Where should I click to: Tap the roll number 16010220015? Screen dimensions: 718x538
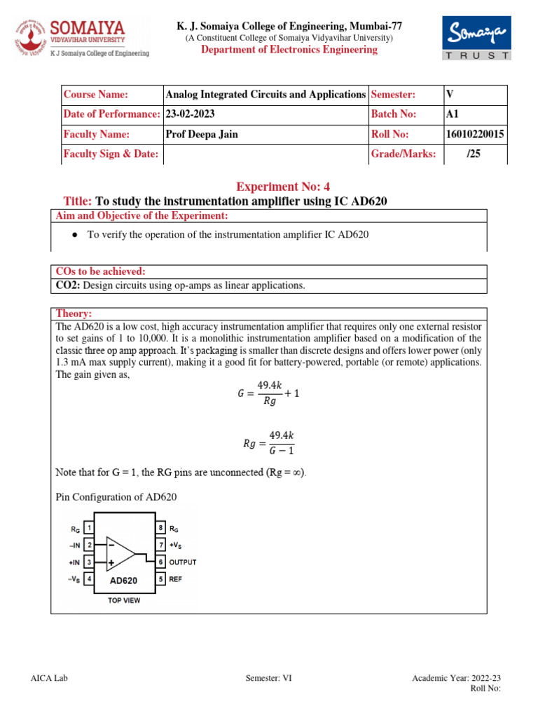click(474, 135)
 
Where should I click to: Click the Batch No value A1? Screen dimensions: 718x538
click(452, 114)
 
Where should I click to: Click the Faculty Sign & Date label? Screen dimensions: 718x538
click(111, 154)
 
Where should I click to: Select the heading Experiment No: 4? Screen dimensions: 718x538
click(282, 187)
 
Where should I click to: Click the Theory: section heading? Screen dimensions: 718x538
click(74, 314)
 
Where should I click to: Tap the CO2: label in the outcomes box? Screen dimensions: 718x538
click(69, 285)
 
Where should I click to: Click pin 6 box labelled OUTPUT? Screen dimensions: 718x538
click(160, 562)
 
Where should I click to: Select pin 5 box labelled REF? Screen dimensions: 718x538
click(160, 579)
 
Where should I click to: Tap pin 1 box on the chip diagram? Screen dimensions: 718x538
click(90, 527)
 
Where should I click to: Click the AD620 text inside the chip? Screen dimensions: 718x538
click(123, 581)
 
